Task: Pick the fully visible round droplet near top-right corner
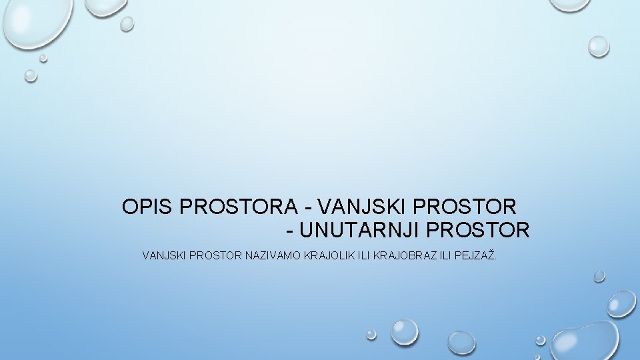pyautogui.click(x=598, y=45)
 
